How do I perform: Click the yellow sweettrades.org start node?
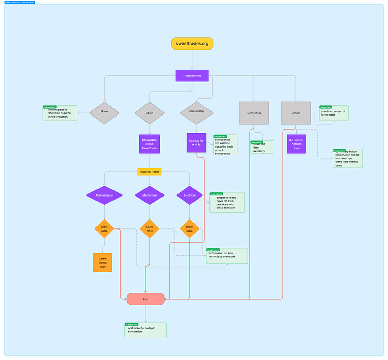coord(192,44)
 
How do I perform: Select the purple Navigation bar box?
coord(192,75)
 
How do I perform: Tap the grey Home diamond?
coord(104,111)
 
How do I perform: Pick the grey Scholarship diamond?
coord(197,111)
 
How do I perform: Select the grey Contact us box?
coord(254,112)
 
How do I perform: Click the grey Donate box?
coord(296,112)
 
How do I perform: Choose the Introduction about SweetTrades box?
coord(150,144)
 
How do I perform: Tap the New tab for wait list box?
coord(197,142)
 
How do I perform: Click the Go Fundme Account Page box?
coord(296,143)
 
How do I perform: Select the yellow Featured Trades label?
coord(150,171)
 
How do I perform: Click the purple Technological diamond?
coord(104,195)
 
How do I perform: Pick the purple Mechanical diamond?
coord(150,195)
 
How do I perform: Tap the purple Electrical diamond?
coord(189,195)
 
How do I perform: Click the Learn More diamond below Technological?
coord(104,228)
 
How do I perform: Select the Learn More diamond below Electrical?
coord(189,228)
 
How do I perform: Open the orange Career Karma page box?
coord(102,262)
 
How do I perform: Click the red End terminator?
coord(145,299)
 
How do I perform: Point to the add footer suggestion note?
coord(145,331)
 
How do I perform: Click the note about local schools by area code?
coord(227,255)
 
